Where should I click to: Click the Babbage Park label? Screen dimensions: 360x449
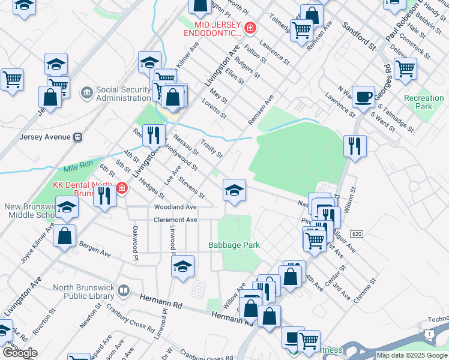click(234, 245)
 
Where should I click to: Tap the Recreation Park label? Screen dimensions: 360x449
click(424, 102)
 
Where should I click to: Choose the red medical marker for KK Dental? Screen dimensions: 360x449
click(122, 189)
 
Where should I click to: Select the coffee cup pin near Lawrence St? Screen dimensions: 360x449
click(363, 97)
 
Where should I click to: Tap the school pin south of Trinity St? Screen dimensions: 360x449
click(234, 190)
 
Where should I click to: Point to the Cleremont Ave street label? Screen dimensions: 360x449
click(175, 220)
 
